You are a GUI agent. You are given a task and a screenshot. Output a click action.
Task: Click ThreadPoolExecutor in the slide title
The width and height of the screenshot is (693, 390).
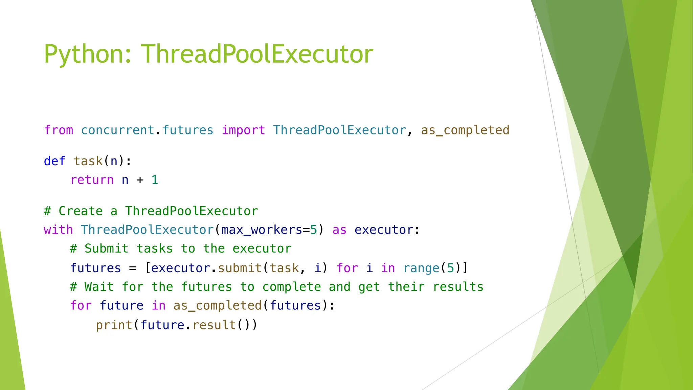pyautogui.click(x=257, y=54)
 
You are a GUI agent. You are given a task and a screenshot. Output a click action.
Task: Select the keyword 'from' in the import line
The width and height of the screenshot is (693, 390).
pyautogui.click(x=59, y=130)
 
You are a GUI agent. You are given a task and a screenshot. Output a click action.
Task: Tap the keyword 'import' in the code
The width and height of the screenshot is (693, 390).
pyautogui.click(x=243, y=130)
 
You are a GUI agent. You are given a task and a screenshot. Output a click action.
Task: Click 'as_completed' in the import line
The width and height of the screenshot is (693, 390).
pyautogui.click(x=465, y=130)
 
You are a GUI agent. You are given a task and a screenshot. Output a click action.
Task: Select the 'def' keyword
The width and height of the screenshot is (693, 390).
pyautogui.click(x=54, y=161)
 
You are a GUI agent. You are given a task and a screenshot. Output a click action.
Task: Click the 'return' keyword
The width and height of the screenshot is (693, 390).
pyautogui.click(x=92, y=180)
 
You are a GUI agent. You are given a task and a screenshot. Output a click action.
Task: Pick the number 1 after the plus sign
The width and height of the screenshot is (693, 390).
pyautogui.click(x=155, y=180)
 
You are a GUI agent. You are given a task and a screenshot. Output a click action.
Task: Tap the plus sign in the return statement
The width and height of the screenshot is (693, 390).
pyautogui.click(x=140, y=180)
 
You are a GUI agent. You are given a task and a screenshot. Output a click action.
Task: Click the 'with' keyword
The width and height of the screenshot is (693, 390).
pyautogui.click(x=58, y=230)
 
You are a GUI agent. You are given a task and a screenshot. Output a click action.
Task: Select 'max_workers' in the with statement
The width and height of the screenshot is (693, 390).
pyautogui.click(x=262, y=230)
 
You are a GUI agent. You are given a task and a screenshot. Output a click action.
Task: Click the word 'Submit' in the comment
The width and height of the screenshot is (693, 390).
pyautogui.click(x=107, y=249)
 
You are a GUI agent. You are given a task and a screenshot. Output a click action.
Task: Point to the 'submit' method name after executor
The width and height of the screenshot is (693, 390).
pyautogui.click(x=240, y=268)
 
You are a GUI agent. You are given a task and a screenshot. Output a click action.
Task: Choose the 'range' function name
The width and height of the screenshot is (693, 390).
pyautogui.click(x=422, y=268)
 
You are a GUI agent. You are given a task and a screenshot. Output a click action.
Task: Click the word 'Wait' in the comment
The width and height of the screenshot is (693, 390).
pyautogui.click(x=99, y=287)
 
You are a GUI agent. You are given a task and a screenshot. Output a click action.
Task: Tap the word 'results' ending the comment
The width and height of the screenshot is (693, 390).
pyautogui.click(x=458, y=287)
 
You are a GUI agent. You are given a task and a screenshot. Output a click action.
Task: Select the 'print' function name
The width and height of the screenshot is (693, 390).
pyautogui.click(x=114, y=325)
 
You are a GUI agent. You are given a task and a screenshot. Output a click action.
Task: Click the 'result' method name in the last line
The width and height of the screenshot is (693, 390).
pyautogui.click(x=214, y=325)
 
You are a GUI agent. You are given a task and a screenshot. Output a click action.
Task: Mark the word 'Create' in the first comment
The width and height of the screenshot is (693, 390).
pyautogui.click(x=81, y=211)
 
